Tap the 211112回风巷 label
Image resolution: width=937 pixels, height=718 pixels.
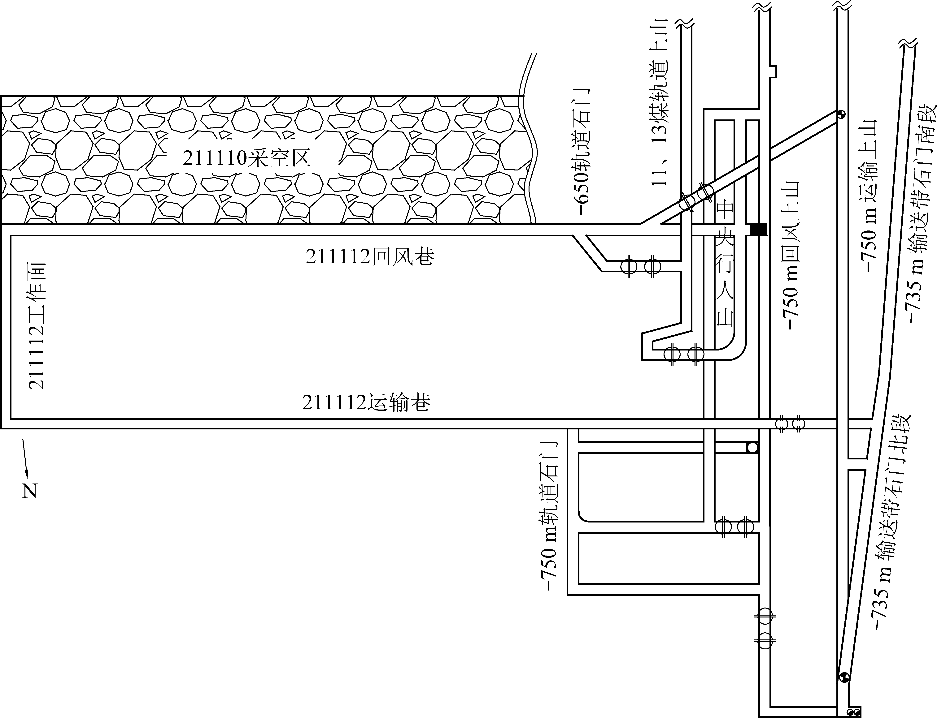tap(370, 256)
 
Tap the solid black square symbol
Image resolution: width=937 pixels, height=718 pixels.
tap(758, 230)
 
